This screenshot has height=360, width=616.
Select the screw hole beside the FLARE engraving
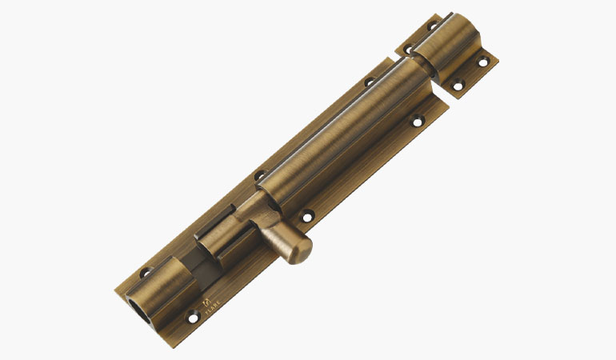click(192, 318)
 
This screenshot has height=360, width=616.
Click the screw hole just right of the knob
click(306, 214)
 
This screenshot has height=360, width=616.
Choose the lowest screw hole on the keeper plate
click(457, 86)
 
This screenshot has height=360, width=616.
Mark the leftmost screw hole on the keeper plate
click(407, 50)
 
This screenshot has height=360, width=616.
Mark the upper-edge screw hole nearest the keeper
click(370, 82)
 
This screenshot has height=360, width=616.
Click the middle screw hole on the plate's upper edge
click(259, 176)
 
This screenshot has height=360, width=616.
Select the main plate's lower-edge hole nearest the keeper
click(416, 122)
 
